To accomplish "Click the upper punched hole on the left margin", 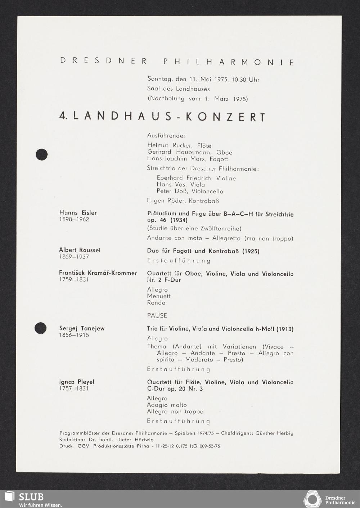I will [x=42, y=154].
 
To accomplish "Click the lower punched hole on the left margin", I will [x=40, y=328].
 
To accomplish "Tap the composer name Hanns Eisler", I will [x=78, y=213].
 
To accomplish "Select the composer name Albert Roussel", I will [x=80, y=250].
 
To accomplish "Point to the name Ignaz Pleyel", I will [x=77, y=382].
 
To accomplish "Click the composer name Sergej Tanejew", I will [x=82, y=328].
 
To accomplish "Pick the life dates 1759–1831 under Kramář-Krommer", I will [x=74, y=280].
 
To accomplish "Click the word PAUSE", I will [x=157, y=315].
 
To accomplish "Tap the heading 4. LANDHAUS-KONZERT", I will [x=162, y=117].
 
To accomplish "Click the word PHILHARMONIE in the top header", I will [x=229, y=62].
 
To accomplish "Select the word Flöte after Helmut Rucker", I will [x=204, y=146].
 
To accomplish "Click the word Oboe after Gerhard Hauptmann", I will [x=224, y=152].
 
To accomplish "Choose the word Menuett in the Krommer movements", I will [x=159, y=296].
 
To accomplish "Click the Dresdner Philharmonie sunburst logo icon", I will [x=312, y=499].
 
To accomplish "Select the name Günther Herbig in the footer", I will [x=274, y=433].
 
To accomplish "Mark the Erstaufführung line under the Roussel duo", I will [x=179, y=261].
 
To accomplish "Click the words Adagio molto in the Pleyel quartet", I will [x=167, y=405].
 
